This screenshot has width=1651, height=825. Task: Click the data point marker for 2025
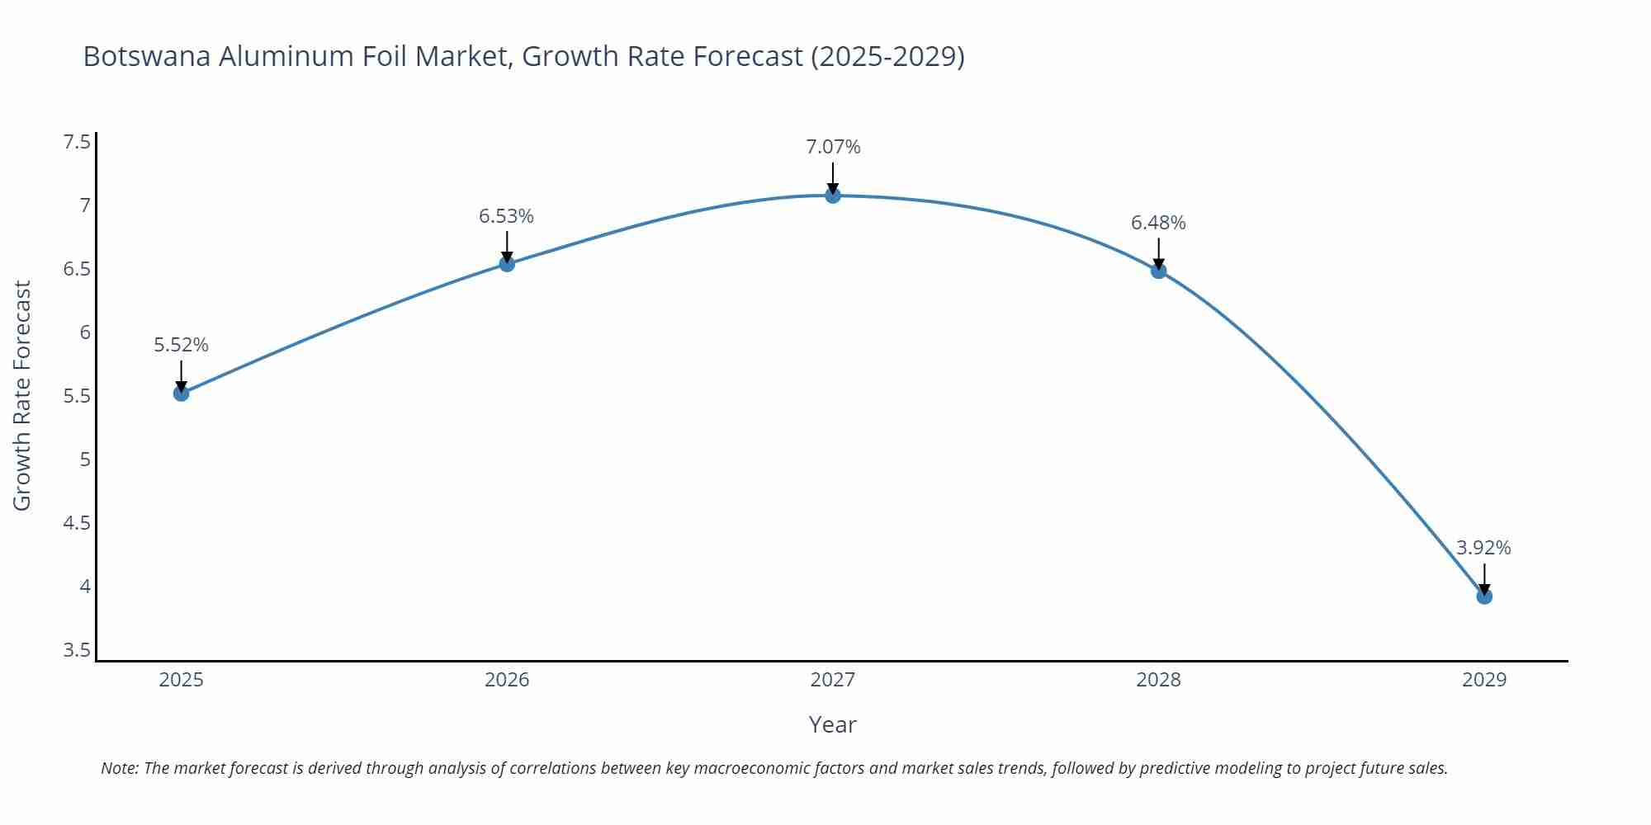[181, 394]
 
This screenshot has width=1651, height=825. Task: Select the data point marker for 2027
[832, 196]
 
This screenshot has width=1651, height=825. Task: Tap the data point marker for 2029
[1483, 596]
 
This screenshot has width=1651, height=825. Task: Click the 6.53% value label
[506, 216]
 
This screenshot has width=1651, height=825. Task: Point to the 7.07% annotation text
[832, 147]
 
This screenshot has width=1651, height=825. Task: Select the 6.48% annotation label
[1157, 223]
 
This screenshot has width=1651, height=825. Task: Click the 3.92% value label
[1483, 548]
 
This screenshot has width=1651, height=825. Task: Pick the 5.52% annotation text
[181, 345]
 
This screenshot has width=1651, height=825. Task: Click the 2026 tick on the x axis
[506, 680]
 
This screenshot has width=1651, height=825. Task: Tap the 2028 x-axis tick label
[1157, 680]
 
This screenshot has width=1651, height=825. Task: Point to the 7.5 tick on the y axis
[77, 142]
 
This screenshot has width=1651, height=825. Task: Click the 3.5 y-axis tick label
[77, 650]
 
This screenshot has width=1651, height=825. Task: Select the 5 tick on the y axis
[85, 460]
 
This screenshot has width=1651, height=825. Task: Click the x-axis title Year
[832, 724]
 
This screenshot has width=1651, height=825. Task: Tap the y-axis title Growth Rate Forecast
[22, 395]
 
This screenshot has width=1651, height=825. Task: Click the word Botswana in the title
[147, 56]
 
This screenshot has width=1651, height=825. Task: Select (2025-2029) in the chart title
[887, 56]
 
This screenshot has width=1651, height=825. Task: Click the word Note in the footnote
[118, 768]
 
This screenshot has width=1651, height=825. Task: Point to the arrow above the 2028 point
[1158, 252]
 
